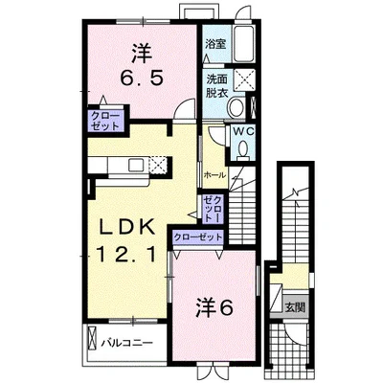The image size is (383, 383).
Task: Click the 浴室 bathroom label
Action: pyautogui.click(x=215, y=44)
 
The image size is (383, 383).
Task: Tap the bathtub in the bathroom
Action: pyautogui.click(x=243, y=44)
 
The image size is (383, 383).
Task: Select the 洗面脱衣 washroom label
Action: pyautogui.click(x=216, y=85)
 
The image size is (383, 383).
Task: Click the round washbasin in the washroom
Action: pyautogui.click(x=236, y=107)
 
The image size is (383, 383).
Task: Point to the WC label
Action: pyautogui.click(x=243, y=131)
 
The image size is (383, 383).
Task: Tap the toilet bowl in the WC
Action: pyautogui.click(x=244, y=150)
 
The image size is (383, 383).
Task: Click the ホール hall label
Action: pyautogui.click(x=214, y=175)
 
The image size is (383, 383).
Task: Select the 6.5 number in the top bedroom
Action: pyautogui.click(x=142, y=78)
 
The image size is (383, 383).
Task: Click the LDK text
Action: pyautogui.click(x=127, y=228)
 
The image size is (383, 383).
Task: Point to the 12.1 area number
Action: pyautogui.click(x=127, y=255)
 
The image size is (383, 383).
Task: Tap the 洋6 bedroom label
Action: pyautogui.click(x=214, y=307)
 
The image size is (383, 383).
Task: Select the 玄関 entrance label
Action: pyautogui.click(x=295, y=307)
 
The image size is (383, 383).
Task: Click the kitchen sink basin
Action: pyautogui.click(x=137, y=165)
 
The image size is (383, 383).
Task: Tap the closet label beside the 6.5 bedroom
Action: pyautogui.click(x=105, y=121)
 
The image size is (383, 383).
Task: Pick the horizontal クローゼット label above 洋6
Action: pyautogui.click(x=197, y=237)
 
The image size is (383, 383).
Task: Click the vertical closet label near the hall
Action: pyautogui.click(x=213, y=209)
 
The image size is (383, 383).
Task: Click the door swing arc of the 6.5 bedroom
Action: pyautogui.click(x=185, y=106)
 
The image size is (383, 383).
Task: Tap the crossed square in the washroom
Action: pyautogui.click(x=244, y=79)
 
